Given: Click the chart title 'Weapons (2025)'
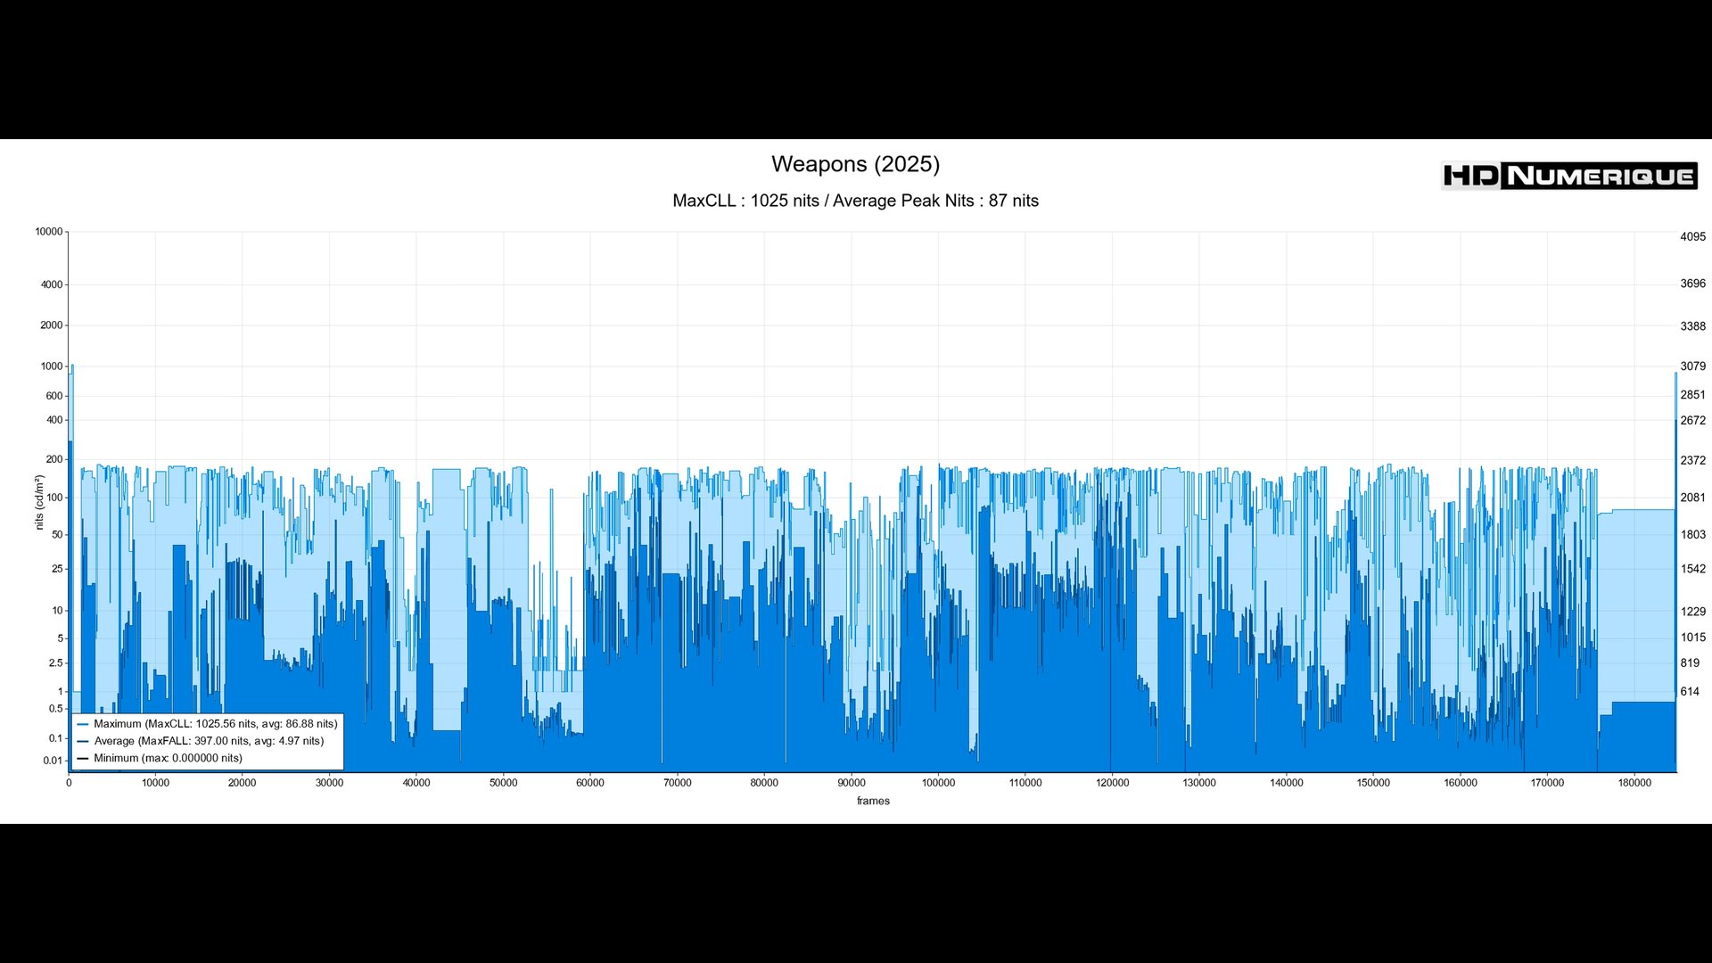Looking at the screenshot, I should click(855, 164).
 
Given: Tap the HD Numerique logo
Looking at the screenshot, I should click(1568, 176).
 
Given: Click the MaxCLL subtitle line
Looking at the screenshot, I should click(855, 201).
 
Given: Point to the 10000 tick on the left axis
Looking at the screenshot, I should click(49, 232).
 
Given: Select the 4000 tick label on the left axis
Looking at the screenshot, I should click(52, 285).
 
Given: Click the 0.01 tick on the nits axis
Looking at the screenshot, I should click(53, 761).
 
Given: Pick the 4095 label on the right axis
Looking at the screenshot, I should click(1692, 237).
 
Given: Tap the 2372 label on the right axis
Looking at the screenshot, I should click(1692, 461).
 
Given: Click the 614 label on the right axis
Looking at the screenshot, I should click(1690, 692).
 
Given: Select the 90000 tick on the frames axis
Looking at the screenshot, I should click(851, 783).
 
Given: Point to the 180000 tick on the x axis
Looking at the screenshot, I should click(1634, 783).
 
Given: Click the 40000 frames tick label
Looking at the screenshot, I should click(416, 783).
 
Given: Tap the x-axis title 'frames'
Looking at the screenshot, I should click(873, 801).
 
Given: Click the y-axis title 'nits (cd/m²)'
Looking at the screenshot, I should click(39, 502).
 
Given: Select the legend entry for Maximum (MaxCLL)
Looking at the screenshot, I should click(215, 724).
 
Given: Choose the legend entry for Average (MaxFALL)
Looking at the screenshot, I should click(209, 741).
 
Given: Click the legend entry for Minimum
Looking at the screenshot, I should click(168, 758).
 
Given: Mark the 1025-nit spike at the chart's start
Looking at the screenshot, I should click(72, 366).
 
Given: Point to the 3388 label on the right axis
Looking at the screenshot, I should click(1692, 326).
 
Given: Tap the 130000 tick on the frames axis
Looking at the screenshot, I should click(1198, 783).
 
